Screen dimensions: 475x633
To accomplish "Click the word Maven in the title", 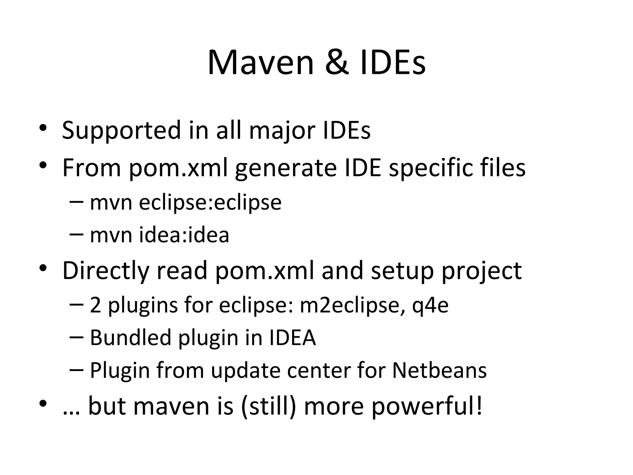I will click(261, 63).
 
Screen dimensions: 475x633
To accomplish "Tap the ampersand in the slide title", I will click(337, 63).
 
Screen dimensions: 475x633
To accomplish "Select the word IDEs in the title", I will click(393, 63).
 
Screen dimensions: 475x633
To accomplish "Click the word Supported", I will click(121, 131).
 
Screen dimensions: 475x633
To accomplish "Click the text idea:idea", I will click(184, 235).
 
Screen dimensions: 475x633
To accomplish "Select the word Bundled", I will click(130, 337).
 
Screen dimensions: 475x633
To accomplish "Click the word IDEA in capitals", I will click(292, 337).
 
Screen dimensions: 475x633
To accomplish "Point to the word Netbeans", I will click(439, 370).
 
